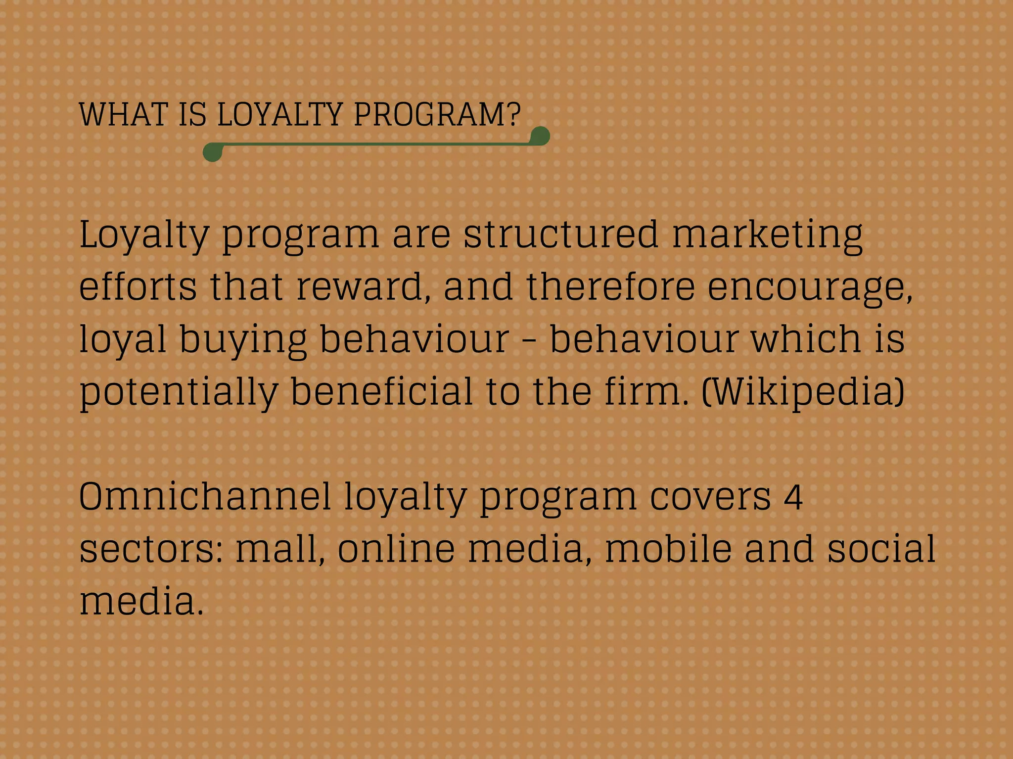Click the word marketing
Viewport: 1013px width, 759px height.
tap(767, 235)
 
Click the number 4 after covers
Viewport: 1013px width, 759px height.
tap(793, 497)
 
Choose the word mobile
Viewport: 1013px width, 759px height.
tap(668, 549)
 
